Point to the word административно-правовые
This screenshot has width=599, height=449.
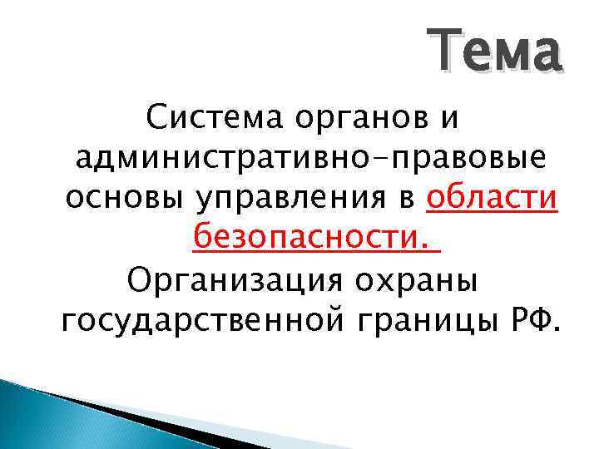[x=309, y=159]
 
